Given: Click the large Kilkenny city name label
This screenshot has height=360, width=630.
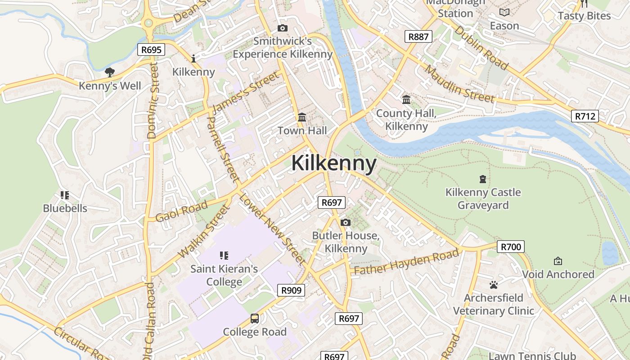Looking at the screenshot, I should pyautogui.click(x=333, y=163).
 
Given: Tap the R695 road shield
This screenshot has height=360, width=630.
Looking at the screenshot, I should pyautogui.click(x=151, y=49).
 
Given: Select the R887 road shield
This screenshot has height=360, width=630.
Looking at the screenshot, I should pyautogui.click(x=418, y=36).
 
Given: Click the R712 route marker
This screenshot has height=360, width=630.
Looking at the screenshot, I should pyautogui.click(x=585, y=116).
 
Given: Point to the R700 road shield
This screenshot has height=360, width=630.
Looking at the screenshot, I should pyautogui.click(x=511, y=247).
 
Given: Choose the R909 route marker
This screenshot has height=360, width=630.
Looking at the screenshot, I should pyautogui.click(x=291, y=290).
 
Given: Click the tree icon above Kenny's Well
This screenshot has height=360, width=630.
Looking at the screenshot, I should pyautogui.click(x=110, y=72).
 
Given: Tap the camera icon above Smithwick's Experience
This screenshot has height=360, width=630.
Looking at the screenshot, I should pyautogui.click(x=283, y=28).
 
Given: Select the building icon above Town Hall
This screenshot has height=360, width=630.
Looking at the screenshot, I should pyautogui.click(x=302, y=117).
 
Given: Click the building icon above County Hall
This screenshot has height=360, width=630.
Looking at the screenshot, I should pyautogui.click(x=406, y=99).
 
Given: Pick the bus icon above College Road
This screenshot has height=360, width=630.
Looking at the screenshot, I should pyautogui.click(x=255, y=319).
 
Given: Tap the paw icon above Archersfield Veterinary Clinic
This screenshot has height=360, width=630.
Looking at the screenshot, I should pyautogui.click(x=494, y=285).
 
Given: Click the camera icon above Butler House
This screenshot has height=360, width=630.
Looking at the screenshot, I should pyautogui.click(x=346, y=222).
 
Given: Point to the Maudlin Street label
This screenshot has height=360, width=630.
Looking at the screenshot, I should pyautogui.click(x=459, y=84).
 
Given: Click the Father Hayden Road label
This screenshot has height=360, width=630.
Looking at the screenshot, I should pyautogui.click(x=406, y=262).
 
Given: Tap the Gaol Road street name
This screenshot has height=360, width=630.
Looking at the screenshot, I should pyautogui.click(x=181, y=211).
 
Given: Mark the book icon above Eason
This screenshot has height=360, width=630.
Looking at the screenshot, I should pyautogui.click(x=504, y=13).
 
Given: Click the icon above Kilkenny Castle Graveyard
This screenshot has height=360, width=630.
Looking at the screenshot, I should pyautogui.click(x=483, y=179).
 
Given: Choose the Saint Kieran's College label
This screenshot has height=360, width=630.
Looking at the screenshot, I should pyautogui.click(x=224, y=275).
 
